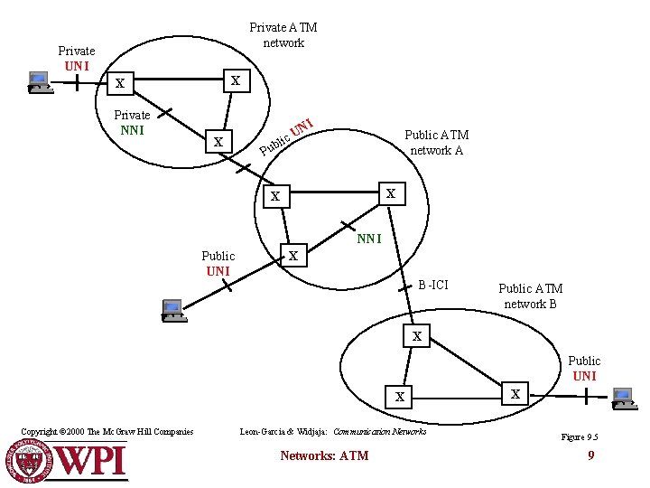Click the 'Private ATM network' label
(x=283, y=35)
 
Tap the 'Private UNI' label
(x=76, y=58)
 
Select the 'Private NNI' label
(x=132, y=122)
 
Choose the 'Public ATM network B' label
(x=530, y=296)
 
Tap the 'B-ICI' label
(x=432, y=285)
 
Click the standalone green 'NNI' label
(x=369, y=239)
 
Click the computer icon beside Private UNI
(x=39, y=82)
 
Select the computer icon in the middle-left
(x=172, y=310)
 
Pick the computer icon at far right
(x=622, y=397)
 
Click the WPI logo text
(x=90, y=461)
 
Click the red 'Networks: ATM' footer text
(x=324, y=455)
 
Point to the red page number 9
(x=590, y=455)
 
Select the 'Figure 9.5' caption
(x=580, y=437)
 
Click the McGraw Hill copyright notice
(x=107, y=432)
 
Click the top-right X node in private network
(x=236, y=80)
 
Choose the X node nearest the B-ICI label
(x=416, y=336)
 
